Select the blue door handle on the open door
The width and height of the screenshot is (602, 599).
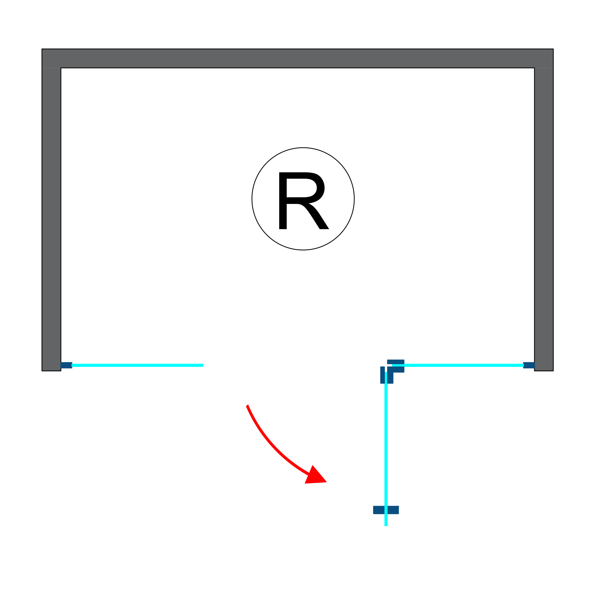(386, 510)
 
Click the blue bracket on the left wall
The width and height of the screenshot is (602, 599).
(66, 365)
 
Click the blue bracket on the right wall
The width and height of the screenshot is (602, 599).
(529, 365)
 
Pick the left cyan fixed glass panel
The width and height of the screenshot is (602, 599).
(137, 365)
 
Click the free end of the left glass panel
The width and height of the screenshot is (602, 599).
(202, 365)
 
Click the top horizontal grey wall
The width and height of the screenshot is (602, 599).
(298, 58)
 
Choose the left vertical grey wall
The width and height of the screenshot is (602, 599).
(51, 218)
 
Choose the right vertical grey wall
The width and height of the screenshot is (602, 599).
(544, 218)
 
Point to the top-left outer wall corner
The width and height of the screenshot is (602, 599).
(42, 49)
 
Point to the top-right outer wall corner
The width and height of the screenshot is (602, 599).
(553, 49)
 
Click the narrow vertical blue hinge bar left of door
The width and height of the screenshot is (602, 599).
(382, 375)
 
